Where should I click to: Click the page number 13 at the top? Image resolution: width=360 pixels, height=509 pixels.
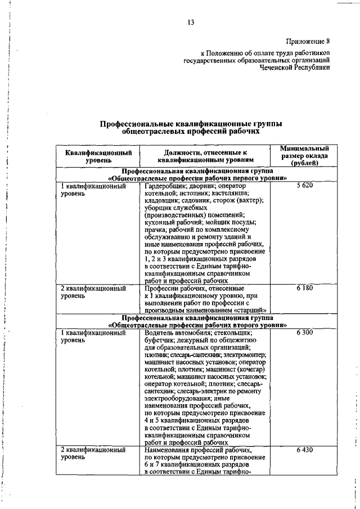tap(191, 22)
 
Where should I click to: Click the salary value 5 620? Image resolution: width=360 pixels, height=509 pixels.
tap(304, 186)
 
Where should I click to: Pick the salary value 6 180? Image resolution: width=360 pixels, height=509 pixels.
tap(304, 288)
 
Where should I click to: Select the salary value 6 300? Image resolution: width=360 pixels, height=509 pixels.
tap(304, 333)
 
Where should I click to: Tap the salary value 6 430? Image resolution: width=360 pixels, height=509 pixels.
tap(304, 451)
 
